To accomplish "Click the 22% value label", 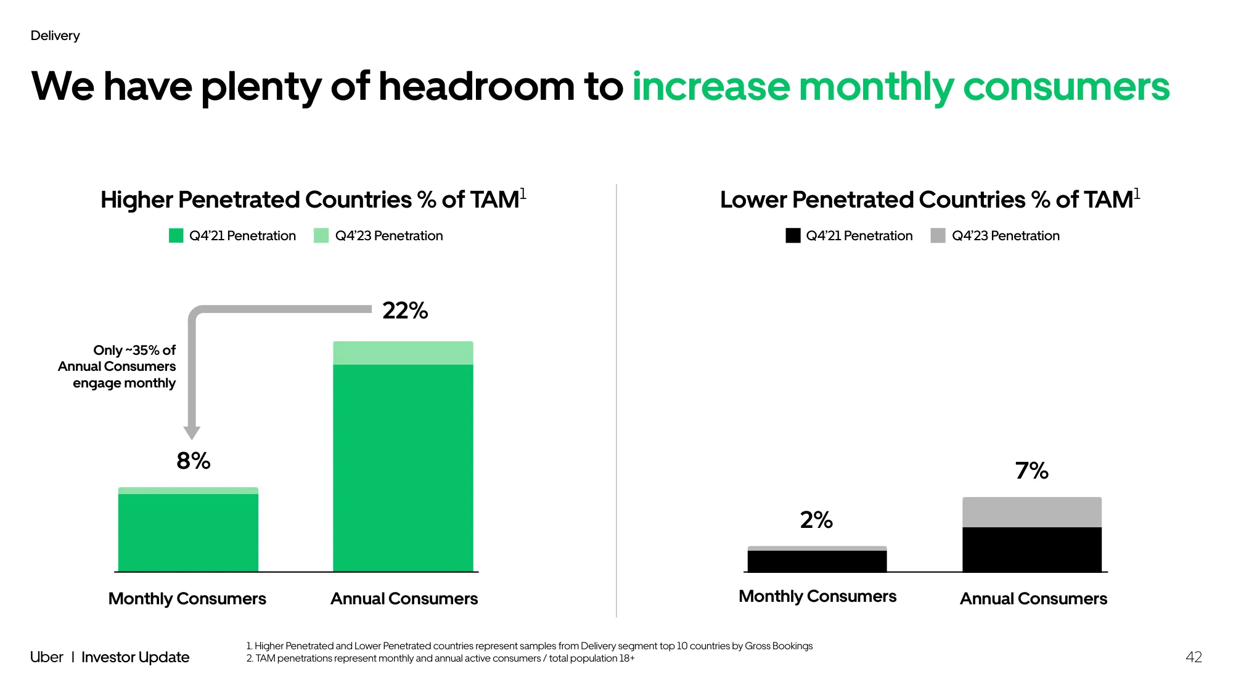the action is [x=405, y=310].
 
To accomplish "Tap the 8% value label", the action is [x=194, y=461].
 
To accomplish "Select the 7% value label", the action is [x=1032, y=471].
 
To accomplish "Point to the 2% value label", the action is [x=816, y=520].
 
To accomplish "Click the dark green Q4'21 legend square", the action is [x=176, y=235].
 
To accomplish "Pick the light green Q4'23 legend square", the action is [x=321, y=235].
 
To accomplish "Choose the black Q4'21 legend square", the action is [x=793, y=235].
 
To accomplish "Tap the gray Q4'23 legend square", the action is [x=938, y=235].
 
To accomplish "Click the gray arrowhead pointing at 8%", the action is [x=192, y=432].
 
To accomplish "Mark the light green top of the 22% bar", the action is [x=403, y=353].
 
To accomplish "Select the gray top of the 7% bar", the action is [x=1032, y=512].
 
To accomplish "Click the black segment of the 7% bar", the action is [x=1032, y=549].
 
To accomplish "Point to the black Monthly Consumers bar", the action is [x=817, y=561].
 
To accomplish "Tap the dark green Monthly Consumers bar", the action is [x=188, y=533].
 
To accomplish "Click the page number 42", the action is [x=1194, y=657].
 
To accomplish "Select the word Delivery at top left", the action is [x=55, y=36].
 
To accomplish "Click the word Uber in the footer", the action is [x=47, y=657].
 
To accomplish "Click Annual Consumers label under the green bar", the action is [x=404, y=599].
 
